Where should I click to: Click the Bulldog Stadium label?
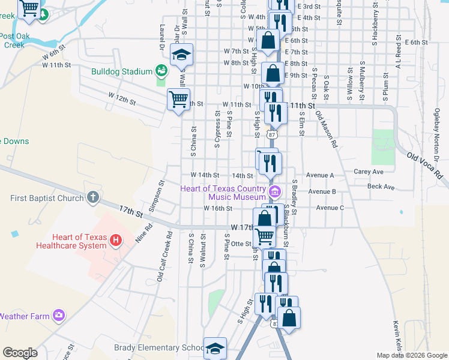(x=122, y=71)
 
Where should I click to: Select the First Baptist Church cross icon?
(x=92, y=197)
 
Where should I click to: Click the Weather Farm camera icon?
(x=58, y=314)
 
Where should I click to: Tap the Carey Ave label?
(x=369, y=172)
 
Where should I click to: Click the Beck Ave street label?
(x=381, y=187)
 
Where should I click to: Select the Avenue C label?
(x=330, y=208)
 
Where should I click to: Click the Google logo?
(x=20, y=353)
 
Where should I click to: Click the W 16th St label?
(x=218, y=208)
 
